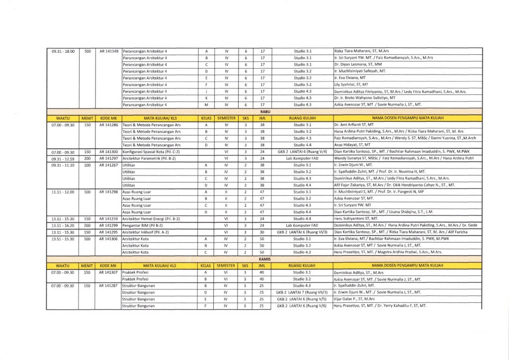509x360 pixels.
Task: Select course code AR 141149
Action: click(109, 51)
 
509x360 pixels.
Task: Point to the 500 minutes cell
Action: click(87, 51)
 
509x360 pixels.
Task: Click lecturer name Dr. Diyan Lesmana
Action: click(357, 65)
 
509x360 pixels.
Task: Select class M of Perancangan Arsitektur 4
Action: click(206, 105)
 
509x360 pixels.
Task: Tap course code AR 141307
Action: click(109, 272)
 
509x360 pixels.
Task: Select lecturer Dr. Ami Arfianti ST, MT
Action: click(354, 125)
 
